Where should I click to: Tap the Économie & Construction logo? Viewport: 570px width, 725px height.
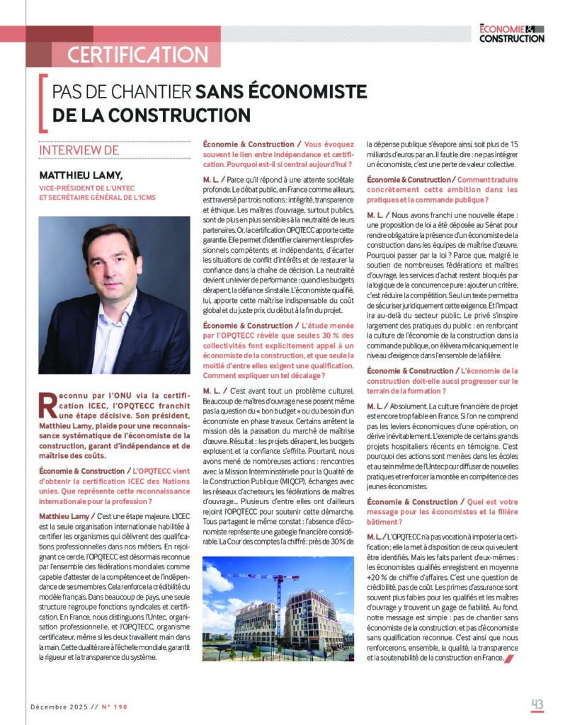pos(511,33)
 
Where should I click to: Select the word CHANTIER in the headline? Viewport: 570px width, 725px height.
pos(154,92)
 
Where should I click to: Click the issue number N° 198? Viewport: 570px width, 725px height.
pos(114,706)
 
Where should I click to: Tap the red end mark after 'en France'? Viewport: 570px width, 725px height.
pos(508,658)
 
